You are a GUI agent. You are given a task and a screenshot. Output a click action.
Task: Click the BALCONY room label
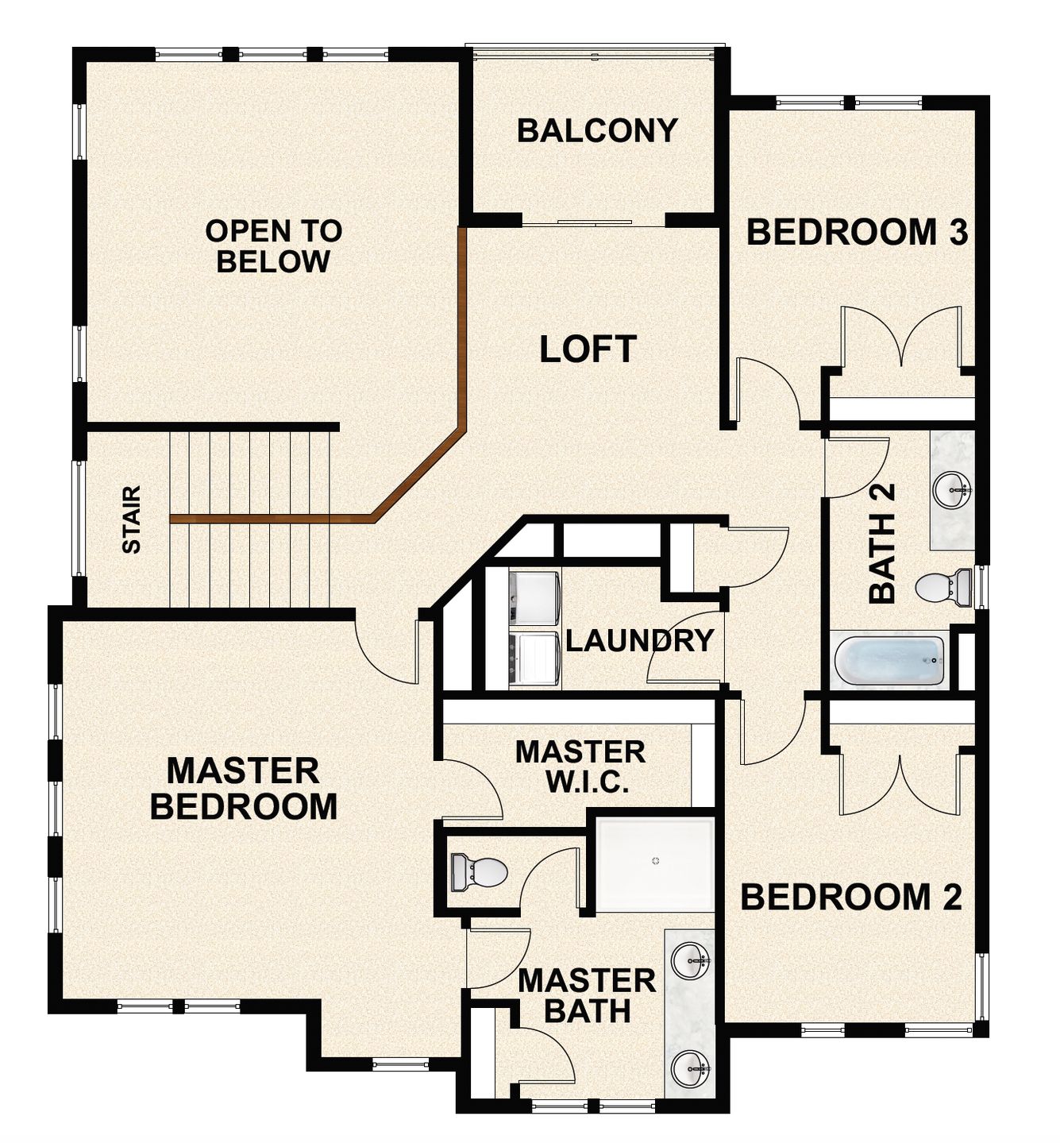(597, 130)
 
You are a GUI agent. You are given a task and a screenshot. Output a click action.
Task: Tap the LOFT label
(588, 349)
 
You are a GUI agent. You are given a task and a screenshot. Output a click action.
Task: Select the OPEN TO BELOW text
(273, 246)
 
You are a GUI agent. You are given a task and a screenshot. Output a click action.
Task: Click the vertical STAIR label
(131, 519)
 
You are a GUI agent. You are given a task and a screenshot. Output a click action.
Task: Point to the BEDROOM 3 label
(857, 232)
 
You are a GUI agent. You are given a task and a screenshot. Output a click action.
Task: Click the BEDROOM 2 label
(851, 897)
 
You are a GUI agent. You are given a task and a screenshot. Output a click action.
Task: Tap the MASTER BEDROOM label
(244, 789)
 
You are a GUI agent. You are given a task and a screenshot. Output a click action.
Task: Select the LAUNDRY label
(639, 640)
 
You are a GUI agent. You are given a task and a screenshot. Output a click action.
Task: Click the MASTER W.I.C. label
(580, 767)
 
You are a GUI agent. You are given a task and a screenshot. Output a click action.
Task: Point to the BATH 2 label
(882, 543)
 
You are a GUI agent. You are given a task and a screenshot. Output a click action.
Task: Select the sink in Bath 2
(950, 490)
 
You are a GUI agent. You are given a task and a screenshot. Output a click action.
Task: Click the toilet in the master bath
(478, 871)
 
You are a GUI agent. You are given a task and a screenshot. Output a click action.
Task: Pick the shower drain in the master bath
(656, 861)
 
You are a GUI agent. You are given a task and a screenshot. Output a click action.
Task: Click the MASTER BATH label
(587, 996)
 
